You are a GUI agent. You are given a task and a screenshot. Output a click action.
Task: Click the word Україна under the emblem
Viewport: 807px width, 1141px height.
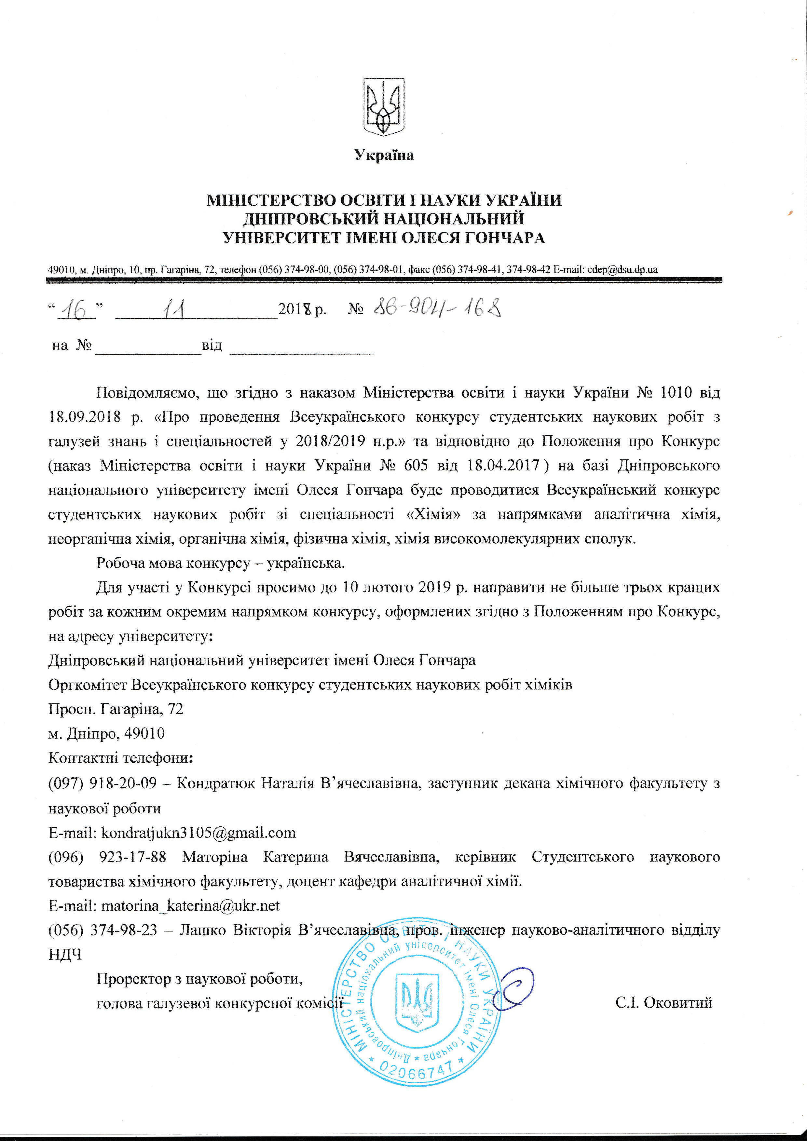click(x=384, y=156)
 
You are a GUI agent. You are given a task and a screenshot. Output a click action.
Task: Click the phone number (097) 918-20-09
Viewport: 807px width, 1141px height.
click(x=103, y=783)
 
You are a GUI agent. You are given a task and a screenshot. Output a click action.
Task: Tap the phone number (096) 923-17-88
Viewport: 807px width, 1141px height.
click(x=107, y=857)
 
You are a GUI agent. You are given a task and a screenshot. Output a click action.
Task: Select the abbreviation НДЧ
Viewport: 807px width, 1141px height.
click(x=65, y=954)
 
